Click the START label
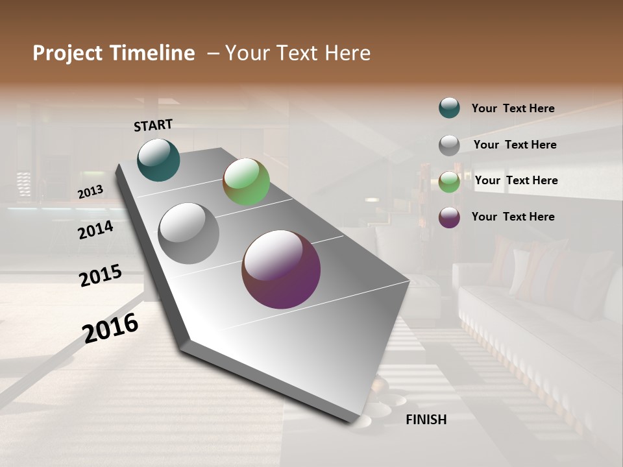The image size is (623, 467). [153, 125]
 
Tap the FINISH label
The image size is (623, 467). [426, 420]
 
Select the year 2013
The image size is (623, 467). [90, 192]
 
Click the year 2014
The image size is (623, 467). [96, 230]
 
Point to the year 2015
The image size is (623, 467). [101, 275]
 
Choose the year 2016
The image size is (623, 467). [110, 328]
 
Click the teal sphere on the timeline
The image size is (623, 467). [158, 160]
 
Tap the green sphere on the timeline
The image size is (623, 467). [247, 182]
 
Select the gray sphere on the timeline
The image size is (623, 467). [189, 233]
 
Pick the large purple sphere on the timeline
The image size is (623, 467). [281, 269]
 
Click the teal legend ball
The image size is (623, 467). [449, 108]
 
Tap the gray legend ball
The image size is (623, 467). [449, 145]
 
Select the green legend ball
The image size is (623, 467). [449, 182]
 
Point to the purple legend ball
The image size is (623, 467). [449, 217]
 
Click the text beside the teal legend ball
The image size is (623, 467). [513, 108]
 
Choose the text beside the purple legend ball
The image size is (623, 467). [513, 217]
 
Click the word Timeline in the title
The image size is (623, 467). [153, 53]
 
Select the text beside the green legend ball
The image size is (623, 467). [517, 180]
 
